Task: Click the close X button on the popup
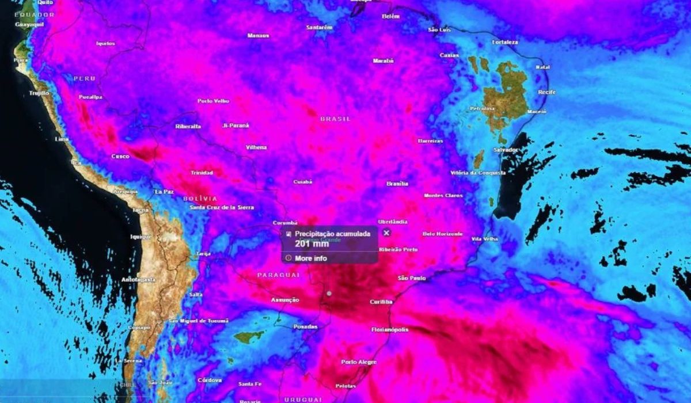386,233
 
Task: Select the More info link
311,258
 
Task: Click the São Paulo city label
412,279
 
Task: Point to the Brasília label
397,184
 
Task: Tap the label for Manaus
258,36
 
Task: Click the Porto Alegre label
359,362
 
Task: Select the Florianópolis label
390,330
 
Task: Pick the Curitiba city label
381,302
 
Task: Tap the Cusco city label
120,157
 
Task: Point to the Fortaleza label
505,42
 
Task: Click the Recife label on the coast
530,92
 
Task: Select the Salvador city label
506,150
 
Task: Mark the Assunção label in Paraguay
285,300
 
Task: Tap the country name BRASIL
335,119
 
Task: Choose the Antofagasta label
138,280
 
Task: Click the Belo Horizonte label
443,234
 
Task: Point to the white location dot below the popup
329,294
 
